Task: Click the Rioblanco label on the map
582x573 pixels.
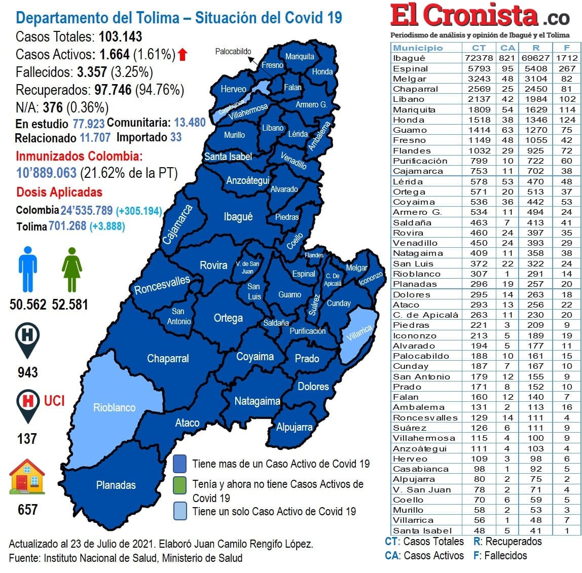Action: [x=114, y=408]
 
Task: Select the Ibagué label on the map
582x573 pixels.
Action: [x=238, y=217]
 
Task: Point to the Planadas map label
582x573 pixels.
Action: [x=116, y=485]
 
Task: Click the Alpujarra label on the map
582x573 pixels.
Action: [x=294, y=427]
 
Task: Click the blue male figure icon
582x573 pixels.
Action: [x=27, y=269]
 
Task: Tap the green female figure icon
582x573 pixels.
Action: [x=71, y=269]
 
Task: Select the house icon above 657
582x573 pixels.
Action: [x=27, y=477]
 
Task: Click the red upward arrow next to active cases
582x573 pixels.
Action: [x=183, y=54]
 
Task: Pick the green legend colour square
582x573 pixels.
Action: [x=179, y=484]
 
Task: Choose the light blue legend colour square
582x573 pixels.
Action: [x=179, y=511]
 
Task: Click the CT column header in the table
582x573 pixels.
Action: [x=479, y=48]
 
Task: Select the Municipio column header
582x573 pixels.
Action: [x=418, y=48]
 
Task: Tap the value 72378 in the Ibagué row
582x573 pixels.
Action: [x=479, y=58]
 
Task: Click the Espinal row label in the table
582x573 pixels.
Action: [x=411, y=68]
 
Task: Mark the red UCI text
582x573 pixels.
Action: [x=54, y=401]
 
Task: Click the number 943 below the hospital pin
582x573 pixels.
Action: [x=27, y=372]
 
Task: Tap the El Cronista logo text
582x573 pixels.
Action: [x=464, y=16]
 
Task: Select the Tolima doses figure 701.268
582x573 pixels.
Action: [x=67, y=226]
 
